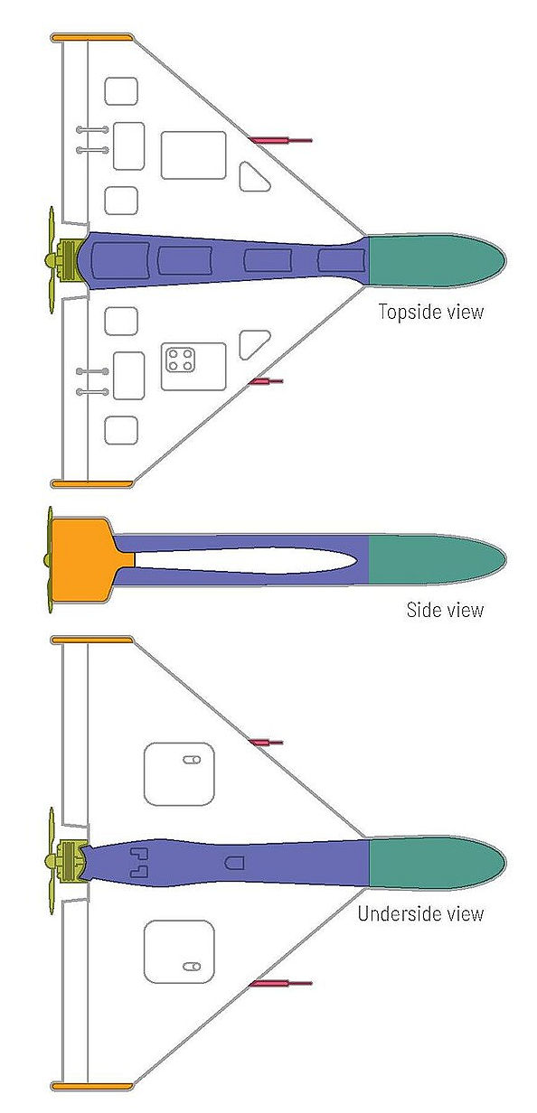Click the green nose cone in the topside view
pos(435,260)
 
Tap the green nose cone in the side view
pos(435,559)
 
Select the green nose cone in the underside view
pos(435,862)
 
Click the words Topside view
pos(431,312)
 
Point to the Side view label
pos(445,610)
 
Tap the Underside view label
pos(420,913)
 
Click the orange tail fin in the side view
pos(87,559)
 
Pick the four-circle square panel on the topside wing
pos(181,360)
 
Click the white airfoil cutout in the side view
pos(244,560)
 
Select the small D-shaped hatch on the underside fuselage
pos(234,863)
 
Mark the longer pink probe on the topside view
pos(281,141)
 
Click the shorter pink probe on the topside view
pos(267,381)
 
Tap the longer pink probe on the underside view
pos(281,983)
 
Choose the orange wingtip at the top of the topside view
pos(92,37)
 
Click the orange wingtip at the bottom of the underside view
pos(92,1087)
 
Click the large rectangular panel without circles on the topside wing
pos(193,155)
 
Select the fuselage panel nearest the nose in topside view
pos(341,260)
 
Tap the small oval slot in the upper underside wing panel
pos(192,760)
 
